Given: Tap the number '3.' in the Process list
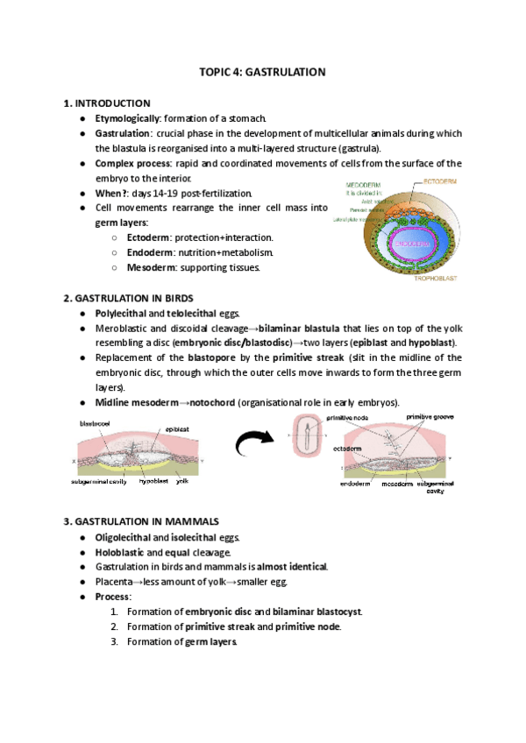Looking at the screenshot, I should click(115, 641).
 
